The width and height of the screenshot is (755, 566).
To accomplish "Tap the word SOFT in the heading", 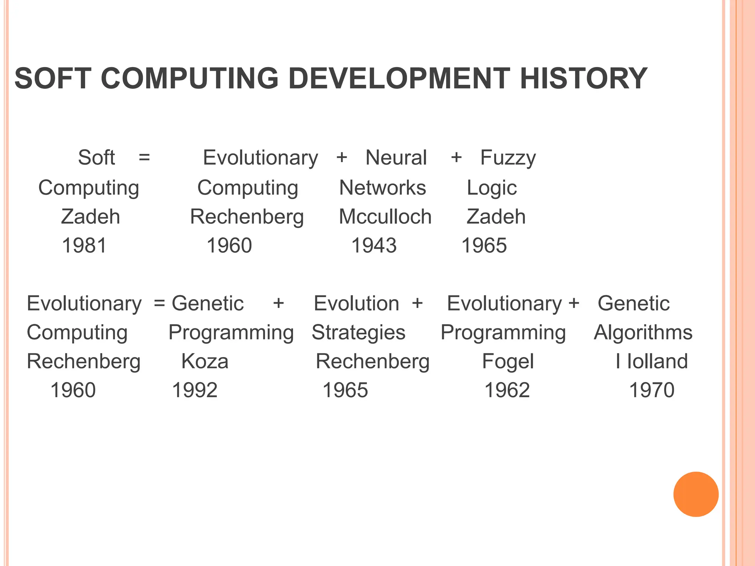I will coord(53,78).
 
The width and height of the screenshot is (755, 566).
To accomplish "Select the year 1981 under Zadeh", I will coord(84,245).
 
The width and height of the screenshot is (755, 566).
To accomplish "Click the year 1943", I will coord(374,245).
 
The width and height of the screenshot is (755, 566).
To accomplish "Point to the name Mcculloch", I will coord(385,217).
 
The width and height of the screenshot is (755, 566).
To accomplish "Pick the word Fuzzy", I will coord(508,158).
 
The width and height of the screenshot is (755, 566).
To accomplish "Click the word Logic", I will coord(492,188).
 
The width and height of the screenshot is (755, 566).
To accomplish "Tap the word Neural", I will coord(396,158).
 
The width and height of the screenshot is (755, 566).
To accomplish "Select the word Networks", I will coord(383,188).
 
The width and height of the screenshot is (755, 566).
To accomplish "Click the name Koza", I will coord(205,361).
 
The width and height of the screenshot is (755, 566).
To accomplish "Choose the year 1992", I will coord(195,390).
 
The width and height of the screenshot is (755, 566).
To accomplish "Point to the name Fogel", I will coord(508,361).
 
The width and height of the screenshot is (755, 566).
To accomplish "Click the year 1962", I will coord(507,390).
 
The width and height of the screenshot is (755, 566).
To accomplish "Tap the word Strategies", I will coord(358,333).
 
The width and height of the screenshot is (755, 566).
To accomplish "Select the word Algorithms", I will coord(643,333).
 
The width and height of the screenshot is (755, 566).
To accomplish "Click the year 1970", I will coord(651,390).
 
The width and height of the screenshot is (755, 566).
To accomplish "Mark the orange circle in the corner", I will coord(696,494).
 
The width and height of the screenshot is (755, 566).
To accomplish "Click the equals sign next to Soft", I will coord(144,158).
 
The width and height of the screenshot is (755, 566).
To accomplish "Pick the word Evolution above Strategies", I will coord(356,304).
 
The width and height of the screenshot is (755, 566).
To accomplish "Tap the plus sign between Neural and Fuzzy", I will coord(456,158).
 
